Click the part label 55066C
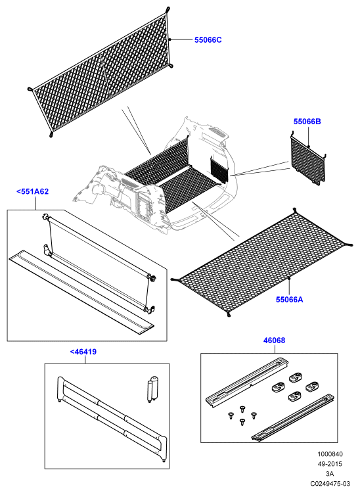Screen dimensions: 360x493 pos(208,40)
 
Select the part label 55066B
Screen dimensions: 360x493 pos(307,122)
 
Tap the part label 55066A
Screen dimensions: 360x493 pos(289,299)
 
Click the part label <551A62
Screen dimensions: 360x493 pos(32,191)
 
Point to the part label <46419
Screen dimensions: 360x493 pos(83,352)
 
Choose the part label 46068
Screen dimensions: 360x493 pos(274,340)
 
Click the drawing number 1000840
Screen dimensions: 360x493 pos(330,454)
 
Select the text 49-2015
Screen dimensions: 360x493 pos(330,464)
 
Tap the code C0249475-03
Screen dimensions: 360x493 pos(330,483)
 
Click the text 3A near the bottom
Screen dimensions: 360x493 pos(330,473)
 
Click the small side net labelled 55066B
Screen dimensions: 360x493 pos(308,159)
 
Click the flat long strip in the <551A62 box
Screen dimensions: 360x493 pos(81,293)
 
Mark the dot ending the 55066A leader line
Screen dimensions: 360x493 pos(289,279)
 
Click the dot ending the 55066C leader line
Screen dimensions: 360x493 pos(169,39)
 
